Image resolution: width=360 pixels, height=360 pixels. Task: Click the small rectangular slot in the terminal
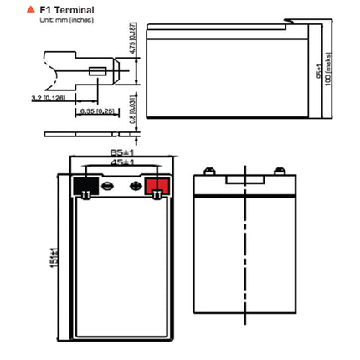click(101, 72)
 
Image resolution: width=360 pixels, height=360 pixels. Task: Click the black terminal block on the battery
click(85, 186)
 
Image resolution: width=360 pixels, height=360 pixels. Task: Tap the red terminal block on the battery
click(156, 186)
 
